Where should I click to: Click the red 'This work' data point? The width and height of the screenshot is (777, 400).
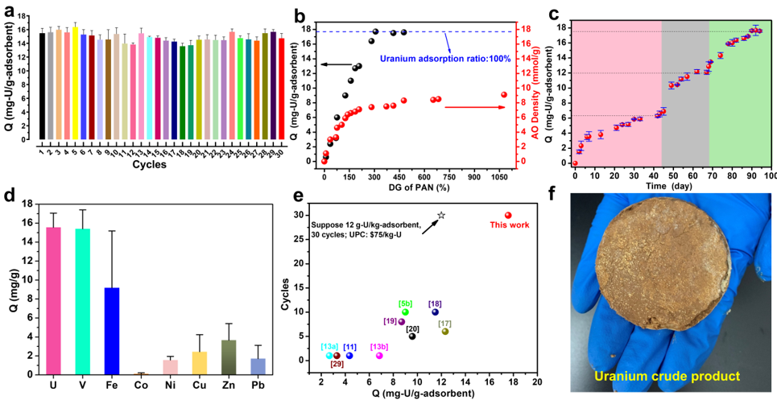508,215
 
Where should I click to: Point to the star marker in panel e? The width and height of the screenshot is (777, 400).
441,216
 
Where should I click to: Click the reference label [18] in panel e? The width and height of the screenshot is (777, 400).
435,303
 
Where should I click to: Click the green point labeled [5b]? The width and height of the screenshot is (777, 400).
405,311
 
